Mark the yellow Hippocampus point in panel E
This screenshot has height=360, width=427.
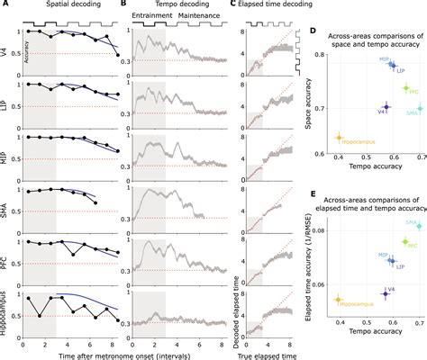click(339, 299)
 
